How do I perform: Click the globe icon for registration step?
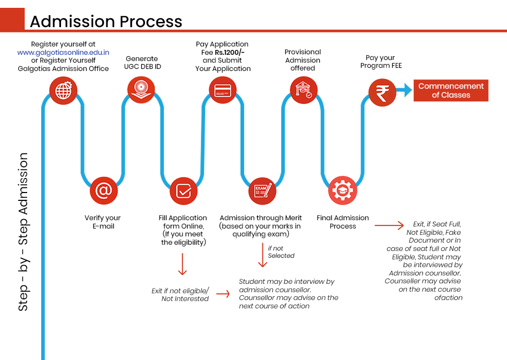tap(63, 91)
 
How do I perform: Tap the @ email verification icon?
tap(104, 191)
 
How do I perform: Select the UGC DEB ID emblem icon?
tap(141, 89)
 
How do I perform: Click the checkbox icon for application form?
tap(184, 191)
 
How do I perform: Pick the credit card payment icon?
tap(223, 89)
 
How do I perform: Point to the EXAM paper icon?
tap(262, 191)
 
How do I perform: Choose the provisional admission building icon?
tap(303, 90)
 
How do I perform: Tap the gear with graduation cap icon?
tap(343, 191)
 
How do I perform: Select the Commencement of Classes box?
tap(451, 91)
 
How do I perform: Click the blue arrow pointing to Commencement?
tap(404, 91)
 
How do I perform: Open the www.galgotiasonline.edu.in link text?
tap(63, 52)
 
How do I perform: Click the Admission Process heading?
tap(106, 21)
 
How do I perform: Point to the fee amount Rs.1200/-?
tap(230, 52)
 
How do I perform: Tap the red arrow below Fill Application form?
tap(182, 264)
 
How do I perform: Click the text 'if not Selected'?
tap(281, 252)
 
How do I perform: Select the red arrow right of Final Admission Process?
tap(389, 226)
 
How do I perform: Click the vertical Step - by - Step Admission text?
tap(23, 232)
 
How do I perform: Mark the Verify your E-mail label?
tap(102, 222)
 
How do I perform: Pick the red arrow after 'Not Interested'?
tap(223, 294)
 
